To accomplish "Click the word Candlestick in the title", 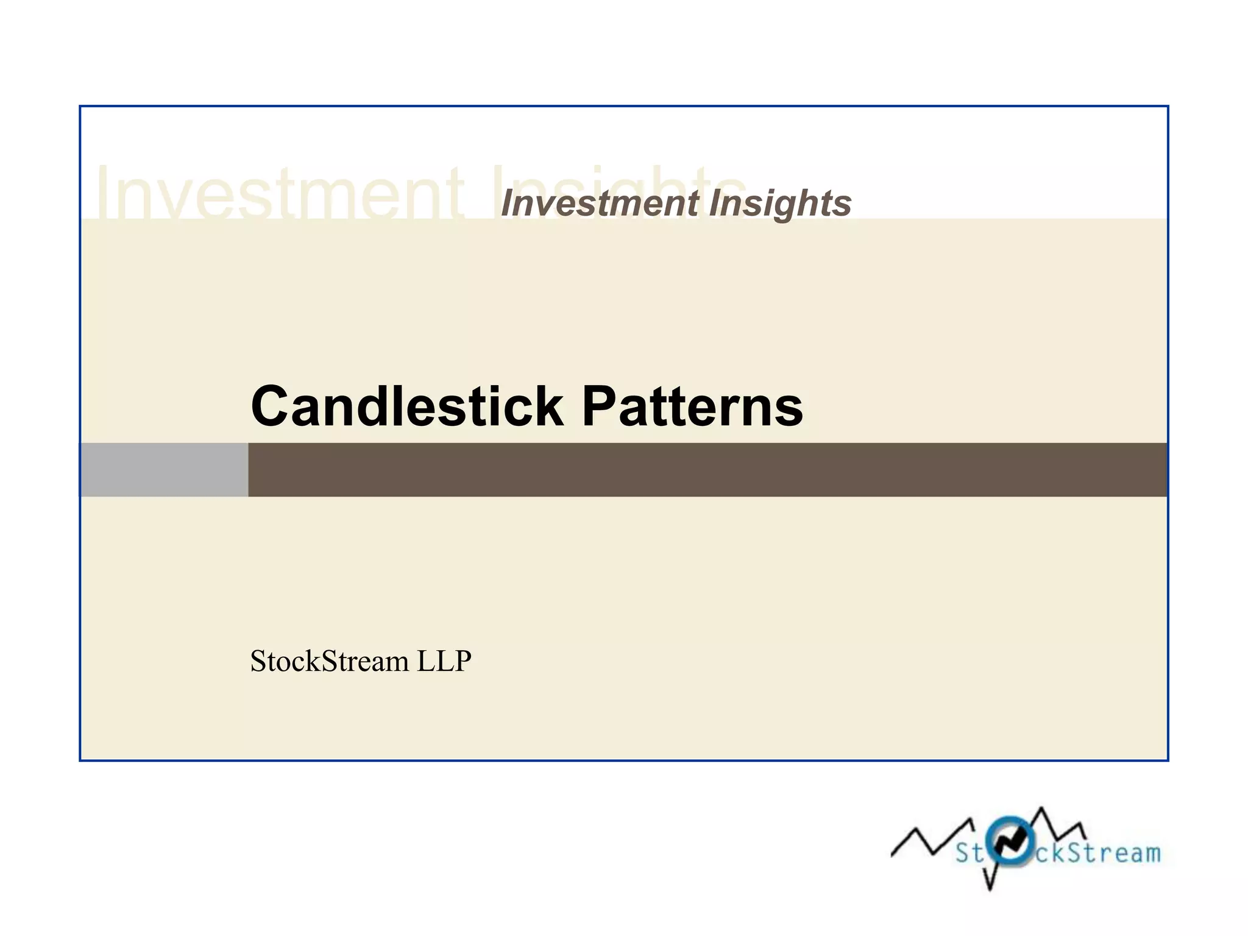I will pos(407,406).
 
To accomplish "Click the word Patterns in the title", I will pos(692,406).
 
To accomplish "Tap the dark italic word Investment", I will pos(600,203).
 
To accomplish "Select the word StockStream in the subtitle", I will pos(329,661).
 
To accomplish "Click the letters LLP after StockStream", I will pos(444,661).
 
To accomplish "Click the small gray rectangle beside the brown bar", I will pos(164,470).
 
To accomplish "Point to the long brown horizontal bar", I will pos(707,470).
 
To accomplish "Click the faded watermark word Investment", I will pos(280,194).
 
